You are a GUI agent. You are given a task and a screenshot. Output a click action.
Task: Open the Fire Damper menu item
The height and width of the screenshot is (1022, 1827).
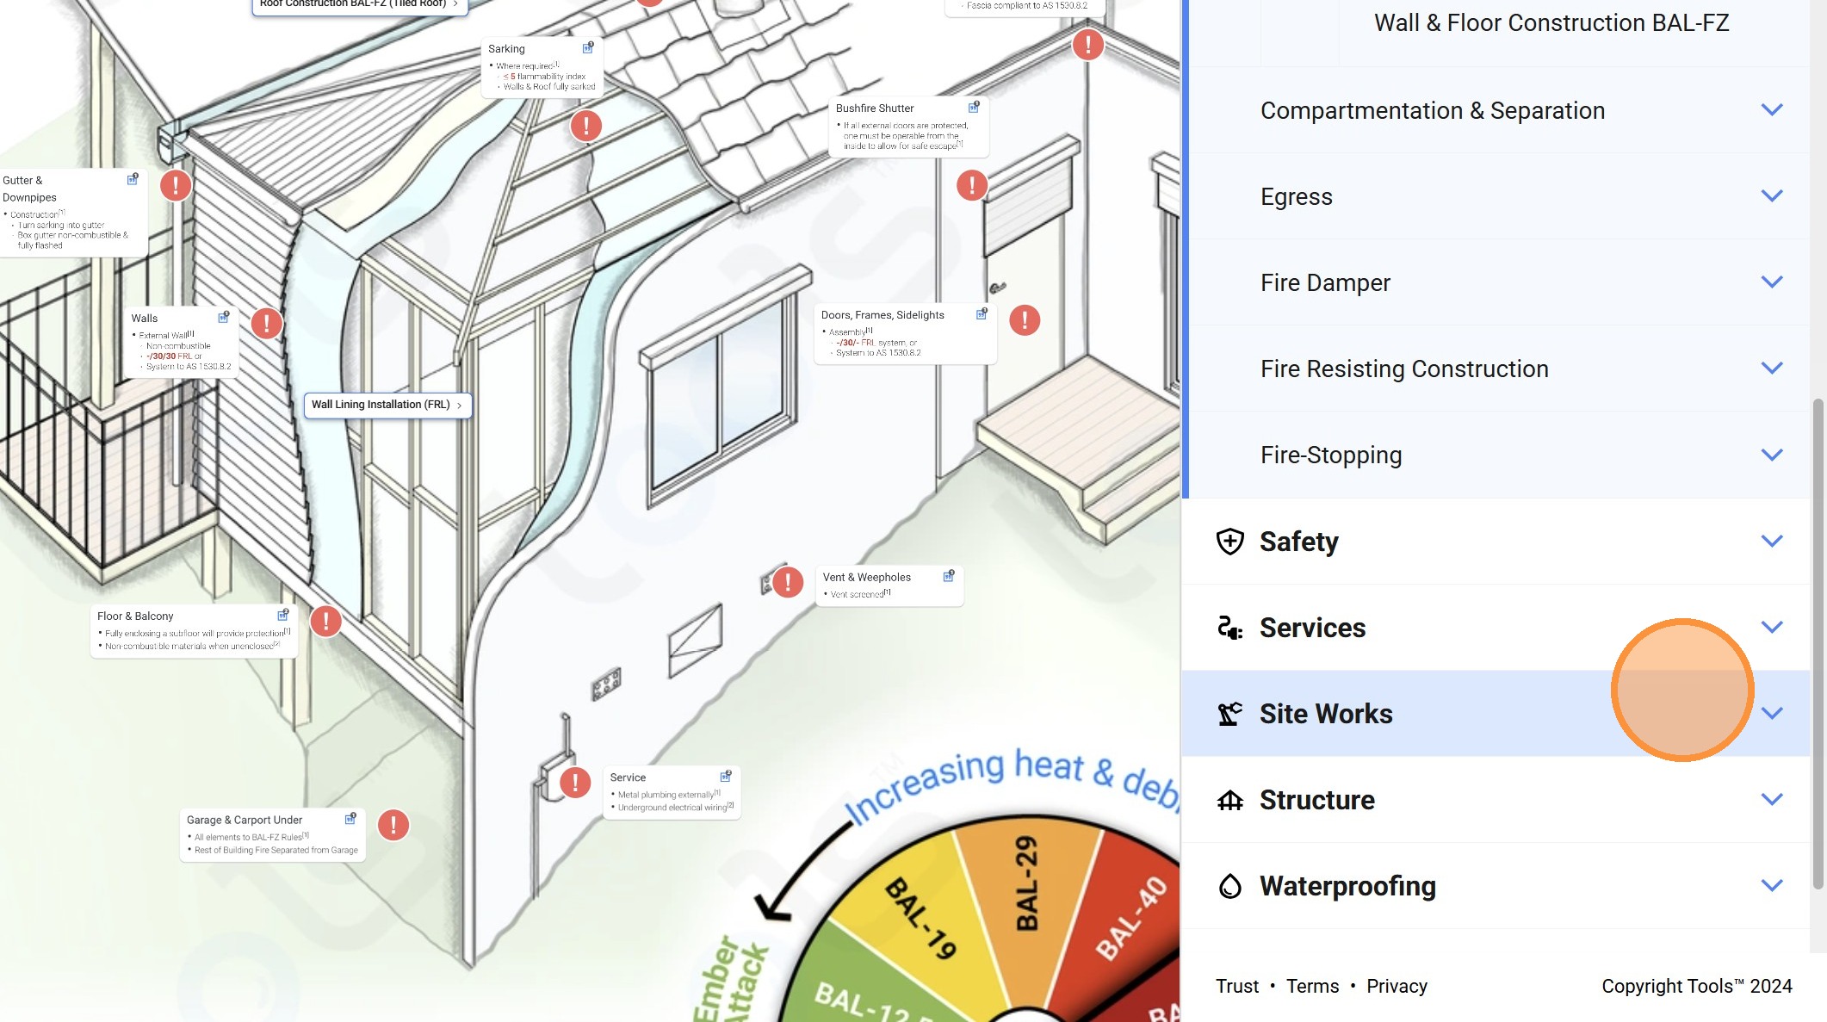point(1325,282)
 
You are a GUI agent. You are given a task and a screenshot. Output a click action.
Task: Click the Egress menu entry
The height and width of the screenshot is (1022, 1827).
point(1296,196)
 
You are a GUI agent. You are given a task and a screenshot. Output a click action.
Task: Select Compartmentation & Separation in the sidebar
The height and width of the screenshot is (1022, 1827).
point(1432,110)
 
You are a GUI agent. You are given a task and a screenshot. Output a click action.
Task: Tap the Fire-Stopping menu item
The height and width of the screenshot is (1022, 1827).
point(1330,455)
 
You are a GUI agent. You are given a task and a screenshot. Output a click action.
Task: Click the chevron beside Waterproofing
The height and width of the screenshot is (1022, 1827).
point(1771,885)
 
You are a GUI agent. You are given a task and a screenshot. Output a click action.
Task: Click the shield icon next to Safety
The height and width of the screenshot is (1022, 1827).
point(1229,542)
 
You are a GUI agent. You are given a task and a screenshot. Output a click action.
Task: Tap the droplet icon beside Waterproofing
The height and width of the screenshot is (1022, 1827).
point(1229,886)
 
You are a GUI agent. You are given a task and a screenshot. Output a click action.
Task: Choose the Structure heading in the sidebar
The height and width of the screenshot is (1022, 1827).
point(1316,800)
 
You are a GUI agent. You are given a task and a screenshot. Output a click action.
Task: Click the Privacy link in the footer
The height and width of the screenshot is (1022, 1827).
point(1396,986)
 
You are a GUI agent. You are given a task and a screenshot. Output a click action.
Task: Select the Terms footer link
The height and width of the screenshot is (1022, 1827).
point(1311,986)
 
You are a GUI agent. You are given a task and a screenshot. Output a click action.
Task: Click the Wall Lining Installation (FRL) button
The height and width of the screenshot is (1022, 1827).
point(387,405)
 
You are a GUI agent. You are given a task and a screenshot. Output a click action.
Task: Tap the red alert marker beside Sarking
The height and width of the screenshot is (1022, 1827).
point(586,127)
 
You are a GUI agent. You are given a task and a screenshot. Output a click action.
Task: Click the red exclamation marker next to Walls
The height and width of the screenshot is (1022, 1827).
point(267,324)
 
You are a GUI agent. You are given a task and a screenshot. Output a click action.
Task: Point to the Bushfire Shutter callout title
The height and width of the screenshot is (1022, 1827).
point(874,108)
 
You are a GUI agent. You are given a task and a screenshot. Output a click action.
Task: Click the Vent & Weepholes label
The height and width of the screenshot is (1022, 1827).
point(866,578)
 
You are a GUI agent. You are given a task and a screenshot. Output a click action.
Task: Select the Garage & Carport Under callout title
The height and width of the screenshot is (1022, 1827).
point(244,821)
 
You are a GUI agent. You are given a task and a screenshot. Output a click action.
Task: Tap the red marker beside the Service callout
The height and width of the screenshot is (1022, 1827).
point(575,783)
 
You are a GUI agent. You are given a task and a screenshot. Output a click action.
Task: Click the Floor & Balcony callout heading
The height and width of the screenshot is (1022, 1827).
point(135,616)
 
